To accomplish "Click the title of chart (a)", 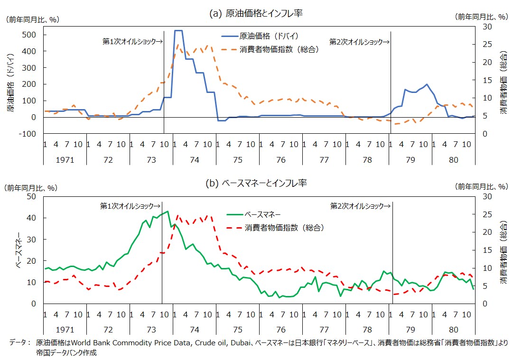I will point(256,14).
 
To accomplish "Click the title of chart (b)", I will point(256,183).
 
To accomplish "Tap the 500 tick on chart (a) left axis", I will point(30,35).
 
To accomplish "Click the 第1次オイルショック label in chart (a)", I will point(132,42).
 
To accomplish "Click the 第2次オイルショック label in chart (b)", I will point(360,206).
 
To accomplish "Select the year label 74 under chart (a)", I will point(194,160).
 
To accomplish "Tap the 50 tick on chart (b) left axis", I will point(33,196).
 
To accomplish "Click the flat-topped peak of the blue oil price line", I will point(178,31).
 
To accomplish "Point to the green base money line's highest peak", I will point(167,212).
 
